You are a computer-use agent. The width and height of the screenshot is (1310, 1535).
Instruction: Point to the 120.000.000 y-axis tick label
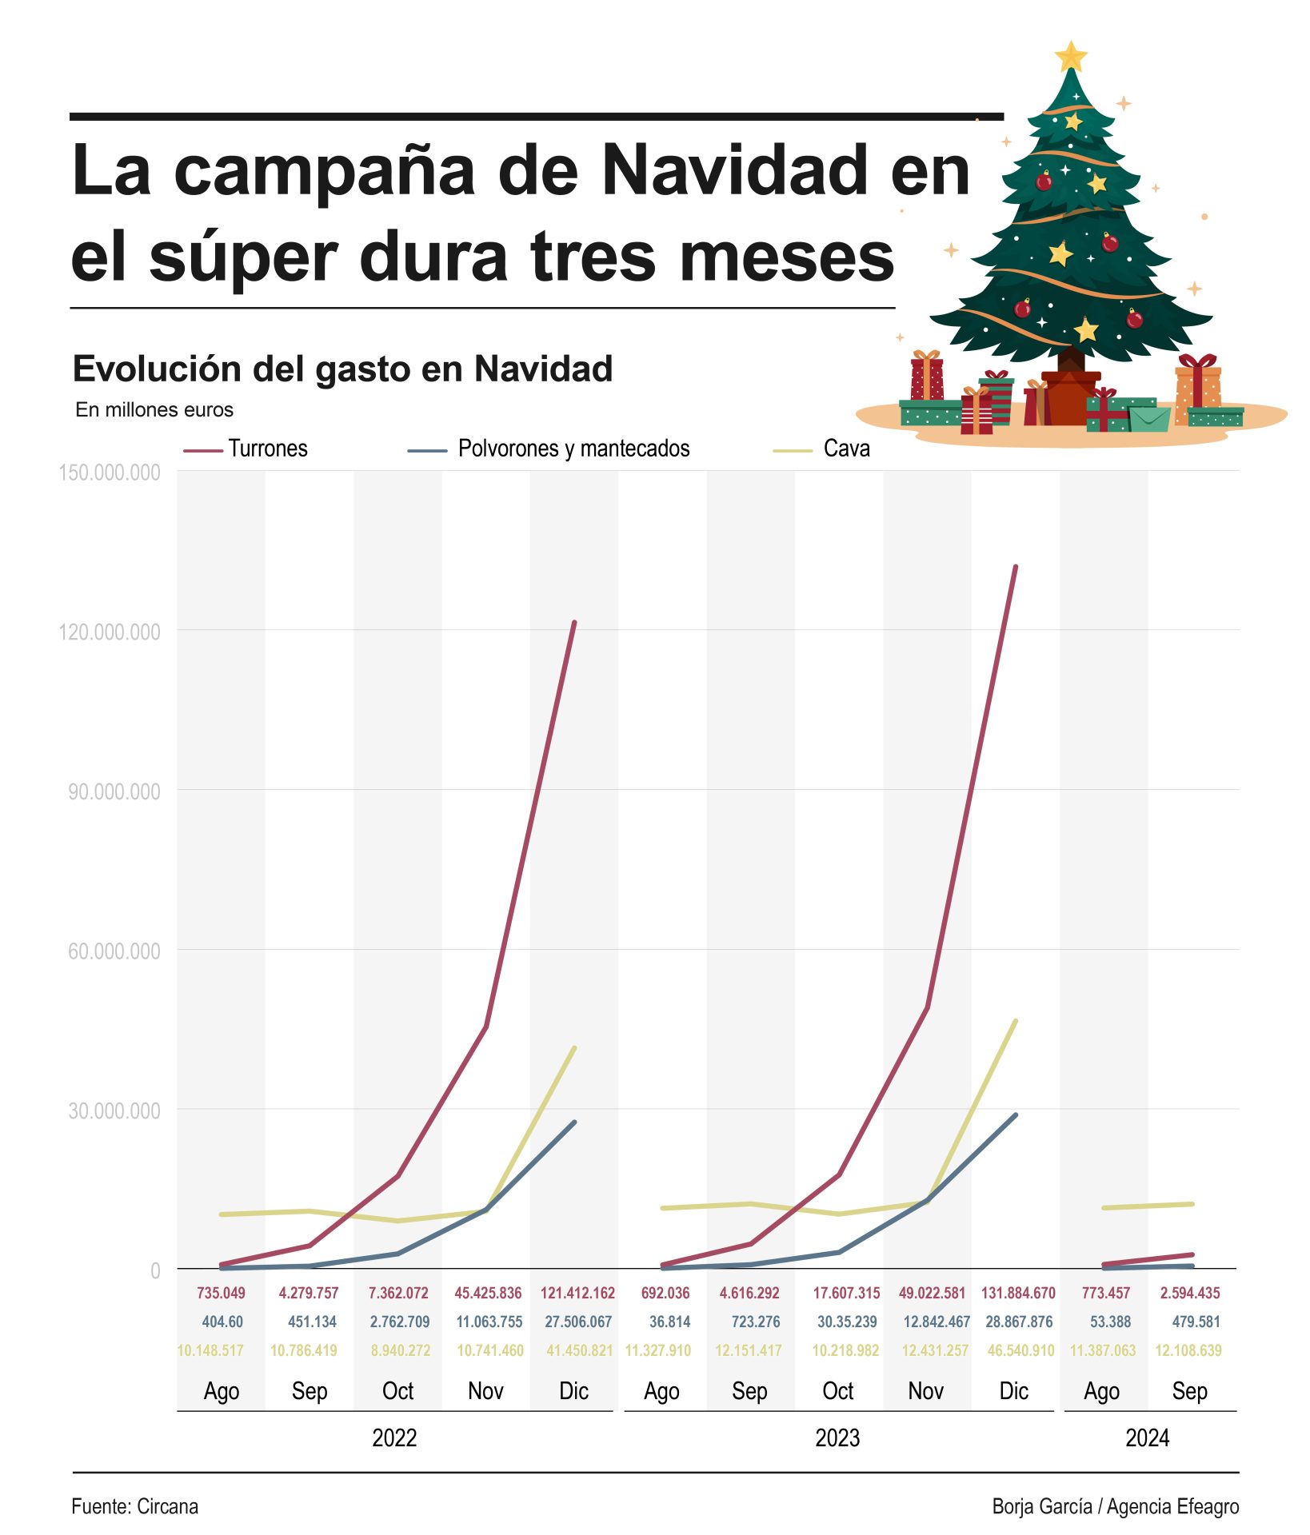point(110,632)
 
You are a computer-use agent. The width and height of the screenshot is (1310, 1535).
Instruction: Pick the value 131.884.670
point(1018,1293)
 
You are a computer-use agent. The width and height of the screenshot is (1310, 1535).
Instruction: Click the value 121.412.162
point(577,1293)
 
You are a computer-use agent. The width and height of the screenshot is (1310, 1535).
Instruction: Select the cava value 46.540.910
point(1020,1350)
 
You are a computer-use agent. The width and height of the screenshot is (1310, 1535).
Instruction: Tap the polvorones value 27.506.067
point(578,1322)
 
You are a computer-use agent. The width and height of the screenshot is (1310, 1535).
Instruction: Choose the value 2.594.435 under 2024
point(1190,1293)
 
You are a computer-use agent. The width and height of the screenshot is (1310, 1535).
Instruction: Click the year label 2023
point(837,1438)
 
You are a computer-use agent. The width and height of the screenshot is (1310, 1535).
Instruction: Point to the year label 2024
point(1147,1438)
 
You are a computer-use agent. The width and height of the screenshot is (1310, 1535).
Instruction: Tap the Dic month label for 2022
point(573,1391)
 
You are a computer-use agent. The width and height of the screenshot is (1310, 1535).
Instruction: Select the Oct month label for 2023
point(837,1391)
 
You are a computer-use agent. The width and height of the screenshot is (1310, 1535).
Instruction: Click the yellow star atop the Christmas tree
point(1070,57)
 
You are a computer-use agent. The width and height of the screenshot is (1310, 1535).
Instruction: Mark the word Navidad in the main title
point(734,170)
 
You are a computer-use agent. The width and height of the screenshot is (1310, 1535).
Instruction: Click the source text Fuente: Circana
point(134,1506)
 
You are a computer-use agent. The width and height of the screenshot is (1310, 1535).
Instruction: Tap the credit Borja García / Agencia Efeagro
point(1115,1506)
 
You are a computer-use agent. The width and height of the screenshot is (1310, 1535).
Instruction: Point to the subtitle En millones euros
point(154,410)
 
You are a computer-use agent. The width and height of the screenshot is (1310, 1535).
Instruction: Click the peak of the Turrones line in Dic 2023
point(1016,567)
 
